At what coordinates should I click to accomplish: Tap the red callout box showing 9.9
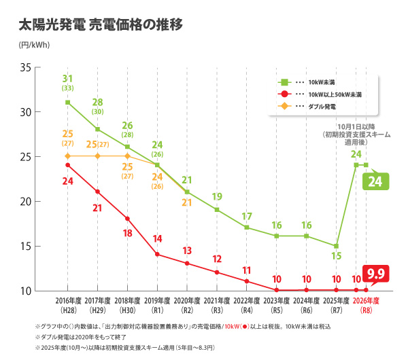point(375,274)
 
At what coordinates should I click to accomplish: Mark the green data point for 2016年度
point(68,103)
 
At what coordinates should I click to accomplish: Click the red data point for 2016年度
point(68,165)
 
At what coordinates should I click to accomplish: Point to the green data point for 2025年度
point(336,246)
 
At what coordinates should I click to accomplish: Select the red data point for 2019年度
point(157,255)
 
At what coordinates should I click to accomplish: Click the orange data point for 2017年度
point(98,156)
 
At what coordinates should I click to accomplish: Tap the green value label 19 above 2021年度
point(217,197)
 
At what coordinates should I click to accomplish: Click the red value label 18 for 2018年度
point(127,233)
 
